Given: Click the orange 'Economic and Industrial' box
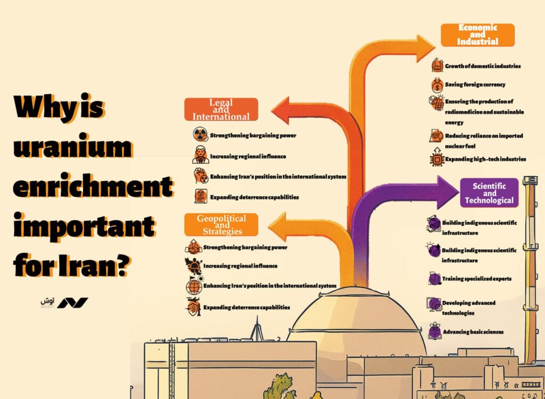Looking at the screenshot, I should coord(477,35).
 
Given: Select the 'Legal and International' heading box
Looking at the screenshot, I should coord(221,109).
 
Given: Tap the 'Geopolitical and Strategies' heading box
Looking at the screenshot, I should coord(221,224).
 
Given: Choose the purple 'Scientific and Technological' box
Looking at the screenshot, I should coord(489,193).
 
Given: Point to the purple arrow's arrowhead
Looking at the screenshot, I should coord(446,192).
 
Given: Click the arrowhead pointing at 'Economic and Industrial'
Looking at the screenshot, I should coord(424,47).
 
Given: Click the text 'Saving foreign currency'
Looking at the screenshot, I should coord(475,85).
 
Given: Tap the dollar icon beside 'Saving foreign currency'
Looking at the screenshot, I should coord(436,85).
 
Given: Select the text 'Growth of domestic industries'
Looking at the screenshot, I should coord(482,66).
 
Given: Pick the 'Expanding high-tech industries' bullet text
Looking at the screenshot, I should coord(485,159).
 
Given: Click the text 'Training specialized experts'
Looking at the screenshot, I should coord(476,279).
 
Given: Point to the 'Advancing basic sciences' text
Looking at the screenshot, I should coord(473,332).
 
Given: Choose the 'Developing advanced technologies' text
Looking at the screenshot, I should coord(468,307).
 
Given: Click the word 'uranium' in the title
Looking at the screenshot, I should coord(71,146).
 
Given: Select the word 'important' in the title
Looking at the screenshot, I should coord(84,226).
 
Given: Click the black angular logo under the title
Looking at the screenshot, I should coord(72,303).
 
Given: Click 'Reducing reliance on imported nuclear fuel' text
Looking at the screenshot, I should coord(483,141).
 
